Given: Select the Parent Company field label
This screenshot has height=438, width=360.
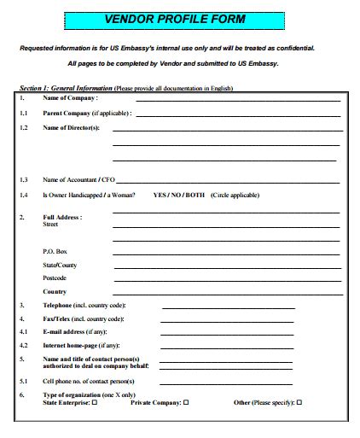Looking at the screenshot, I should (86, 113).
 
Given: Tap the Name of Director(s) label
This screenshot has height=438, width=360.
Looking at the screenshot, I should (72, 127).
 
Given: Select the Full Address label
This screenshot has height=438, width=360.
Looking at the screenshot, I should (62, 217).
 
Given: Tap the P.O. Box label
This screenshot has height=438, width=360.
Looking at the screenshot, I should (55, 251).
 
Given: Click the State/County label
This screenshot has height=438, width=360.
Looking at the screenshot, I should (61, 265).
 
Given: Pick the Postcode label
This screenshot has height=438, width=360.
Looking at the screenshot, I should (55, 277).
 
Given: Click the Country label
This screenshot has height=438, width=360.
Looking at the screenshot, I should (55, 292).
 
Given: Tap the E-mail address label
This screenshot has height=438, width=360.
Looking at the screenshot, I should (75, 331).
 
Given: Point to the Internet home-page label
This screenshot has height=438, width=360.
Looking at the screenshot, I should (81, 345).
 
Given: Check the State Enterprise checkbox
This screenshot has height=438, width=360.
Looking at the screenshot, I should (95, 402).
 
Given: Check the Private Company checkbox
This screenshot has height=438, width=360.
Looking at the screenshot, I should (186, 402).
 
